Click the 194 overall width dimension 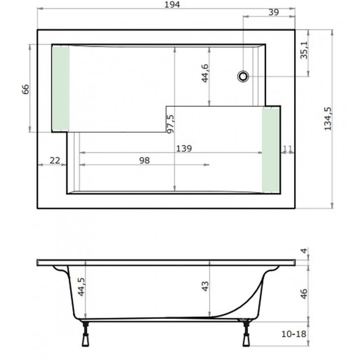172,4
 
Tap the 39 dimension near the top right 274,13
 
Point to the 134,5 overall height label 328,119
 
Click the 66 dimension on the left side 26,89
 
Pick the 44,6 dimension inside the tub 205,73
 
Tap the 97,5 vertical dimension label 171,124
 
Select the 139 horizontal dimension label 184,148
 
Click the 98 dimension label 144,161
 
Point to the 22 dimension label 55,160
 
